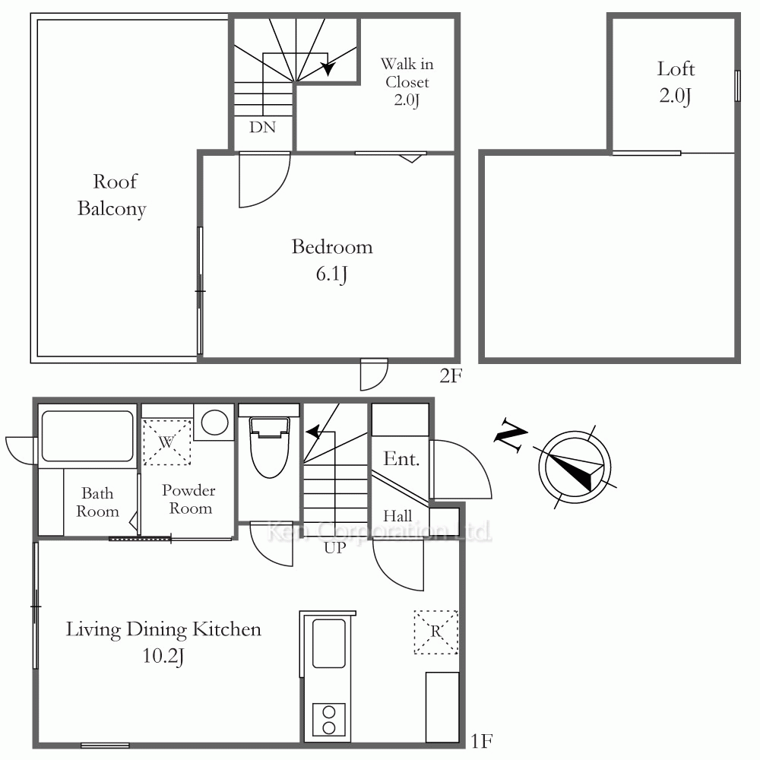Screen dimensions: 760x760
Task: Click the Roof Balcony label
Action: click(112, 195)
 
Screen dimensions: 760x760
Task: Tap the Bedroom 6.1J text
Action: click(332, 260)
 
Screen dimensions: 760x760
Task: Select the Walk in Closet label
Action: click(407, 82)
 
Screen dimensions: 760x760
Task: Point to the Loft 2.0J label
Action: click(676, 82)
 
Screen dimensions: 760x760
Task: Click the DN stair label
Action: click(262, 127)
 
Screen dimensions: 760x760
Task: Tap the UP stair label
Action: click(335, 548)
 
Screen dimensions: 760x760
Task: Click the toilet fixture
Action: click(269, 447)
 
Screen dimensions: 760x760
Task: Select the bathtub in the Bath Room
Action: click(87, 436)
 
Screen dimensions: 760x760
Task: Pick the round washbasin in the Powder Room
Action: click(215, 422)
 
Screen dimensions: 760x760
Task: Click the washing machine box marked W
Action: click(166, 442)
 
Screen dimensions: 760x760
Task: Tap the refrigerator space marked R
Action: click(435, 632)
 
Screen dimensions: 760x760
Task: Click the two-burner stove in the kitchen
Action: click(328, 719)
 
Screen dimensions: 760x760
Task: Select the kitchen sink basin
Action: click(328, 644)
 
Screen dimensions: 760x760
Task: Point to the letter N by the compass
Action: click(511, 434)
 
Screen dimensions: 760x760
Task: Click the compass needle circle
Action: click(575, 467)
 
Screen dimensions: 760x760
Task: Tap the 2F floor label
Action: click(451, 375)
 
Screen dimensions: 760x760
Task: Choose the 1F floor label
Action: click(482, 741)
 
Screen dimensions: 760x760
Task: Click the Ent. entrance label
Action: click(401, 458)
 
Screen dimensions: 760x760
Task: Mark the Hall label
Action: click(397, 516)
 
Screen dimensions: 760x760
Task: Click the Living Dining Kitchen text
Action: click(163, 629)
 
